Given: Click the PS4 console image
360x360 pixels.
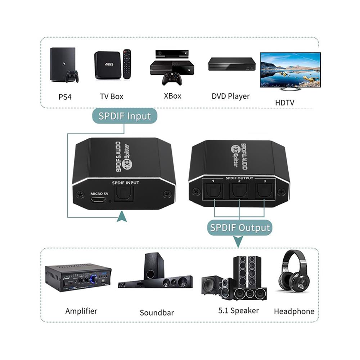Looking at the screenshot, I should [x=63, y=64].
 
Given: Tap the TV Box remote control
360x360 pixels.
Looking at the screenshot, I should [x=127, y=64].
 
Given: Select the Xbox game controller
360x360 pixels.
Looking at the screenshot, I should [x=172, y=79].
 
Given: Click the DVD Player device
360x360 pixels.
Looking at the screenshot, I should [x=231, y=64].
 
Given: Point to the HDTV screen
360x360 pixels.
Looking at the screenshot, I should [x=290, y=70].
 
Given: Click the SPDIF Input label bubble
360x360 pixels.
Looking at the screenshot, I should [x=124, y=116].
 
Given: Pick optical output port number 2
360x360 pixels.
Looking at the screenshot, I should [x=239, y=191].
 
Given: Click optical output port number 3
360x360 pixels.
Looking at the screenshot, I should [x=264, y=191].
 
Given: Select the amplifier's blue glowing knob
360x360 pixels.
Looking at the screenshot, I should [x=95, y=278].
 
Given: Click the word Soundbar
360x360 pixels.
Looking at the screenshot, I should [x=157, y=312].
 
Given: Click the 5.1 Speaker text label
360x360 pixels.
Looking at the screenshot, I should [x=238, y=310].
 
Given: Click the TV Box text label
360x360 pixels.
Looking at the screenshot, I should [x=112, y=96].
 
